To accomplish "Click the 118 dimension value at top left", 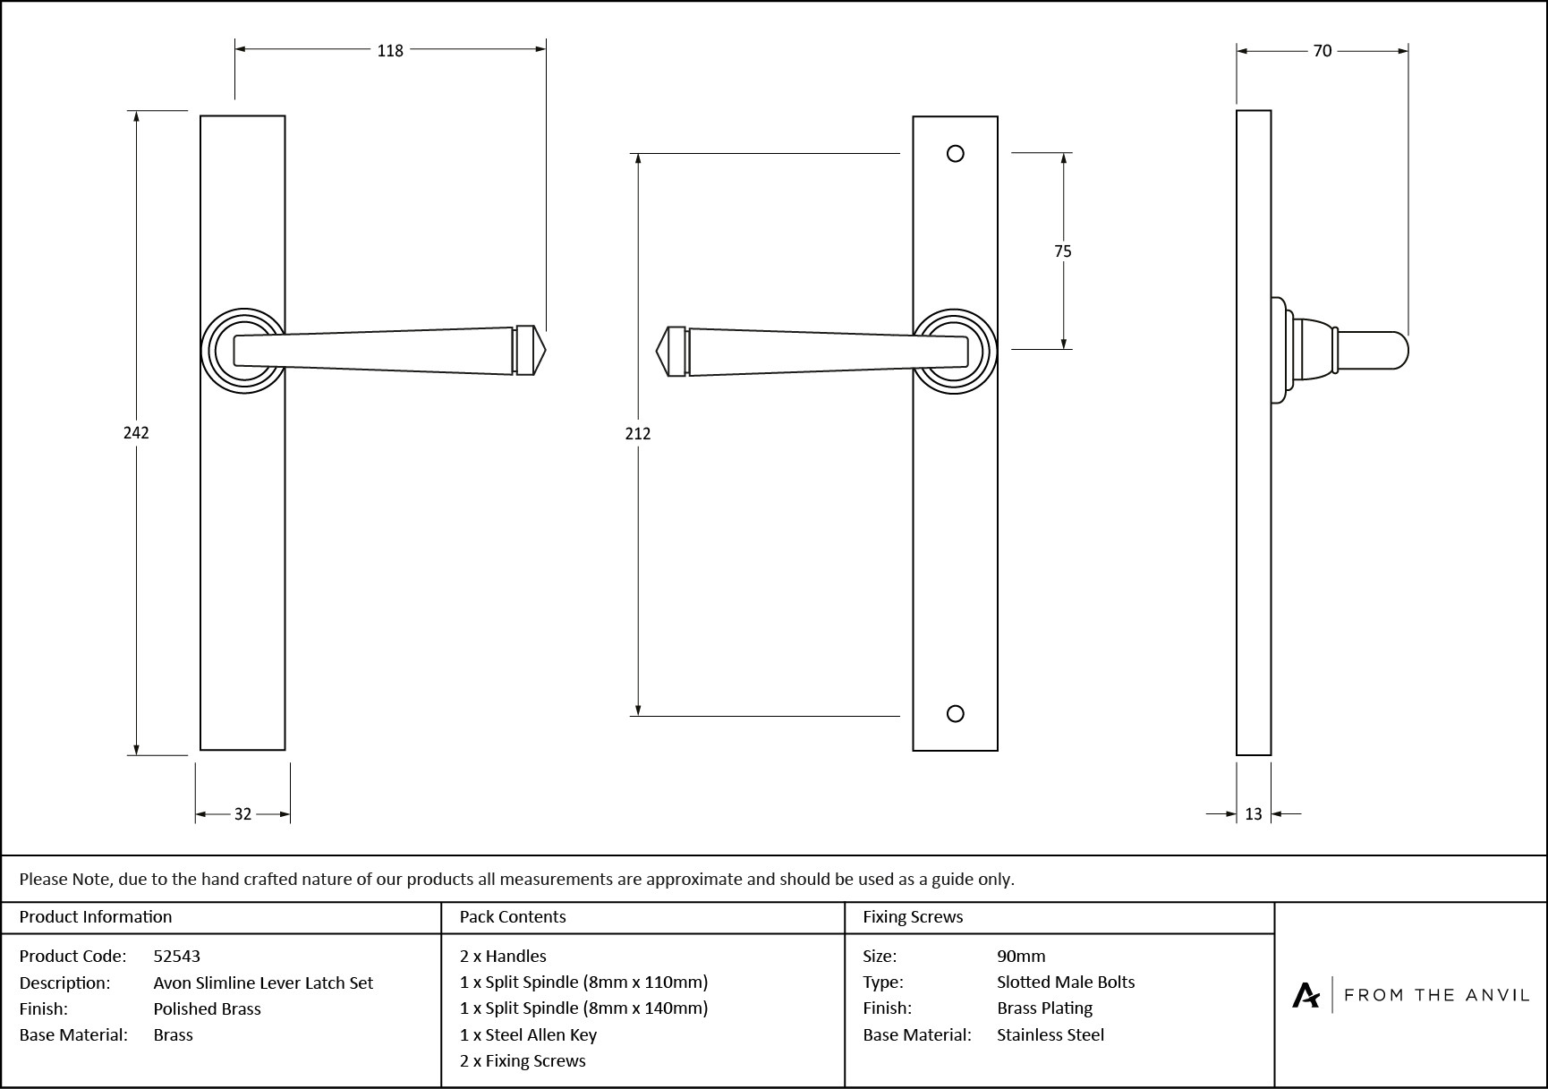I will tap(390, 51).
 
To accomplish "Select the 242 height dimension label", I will tap(136, 433).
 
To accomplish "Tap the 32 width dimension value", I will tap(242, 814).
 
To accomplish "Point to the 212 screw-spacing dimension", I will tap(638, 434).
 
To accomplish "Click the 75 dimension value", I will tap(1063, 251).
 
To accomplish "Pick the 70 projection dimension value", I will tap(1323, 52).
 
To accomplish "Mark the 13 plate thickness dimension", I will tap(1253, 814).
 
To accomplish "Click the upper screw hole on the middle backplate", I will tap(956, 154).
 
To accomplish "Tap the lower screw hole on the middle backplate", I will tap(956, 713).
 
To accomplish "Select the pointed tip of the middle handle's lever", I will tap(659, 351).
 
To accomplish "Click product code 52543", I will tap(176, 957).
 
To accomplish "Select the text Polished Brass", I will tap(207, 1009).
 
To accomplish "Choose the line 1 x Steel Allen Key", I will tap(528, 1035).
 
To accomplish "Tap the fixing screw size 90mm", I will tap(1021, 957).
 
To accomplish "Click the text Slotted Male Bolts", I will tap(1066, 983).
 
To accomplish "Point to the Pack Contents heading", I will tap(513, 917).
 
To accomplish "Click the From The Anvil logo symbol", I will tap(1306, 995).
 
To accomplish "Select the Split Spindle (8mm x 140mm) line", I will tap(583, 1008).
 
